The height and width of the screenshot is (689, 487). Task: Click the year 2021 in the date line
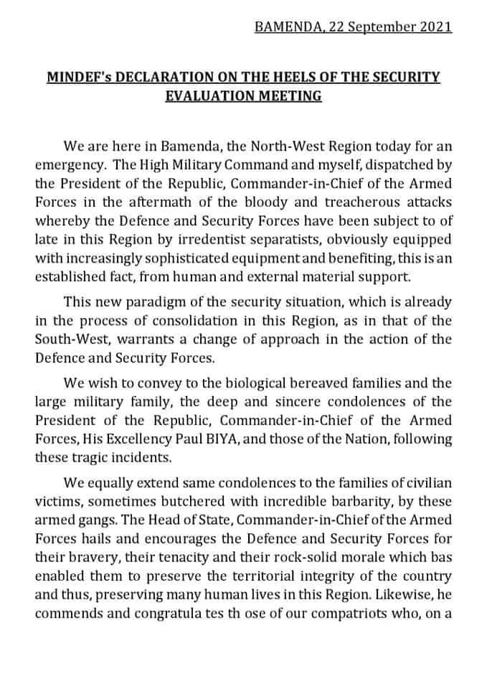coord(434,27)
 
